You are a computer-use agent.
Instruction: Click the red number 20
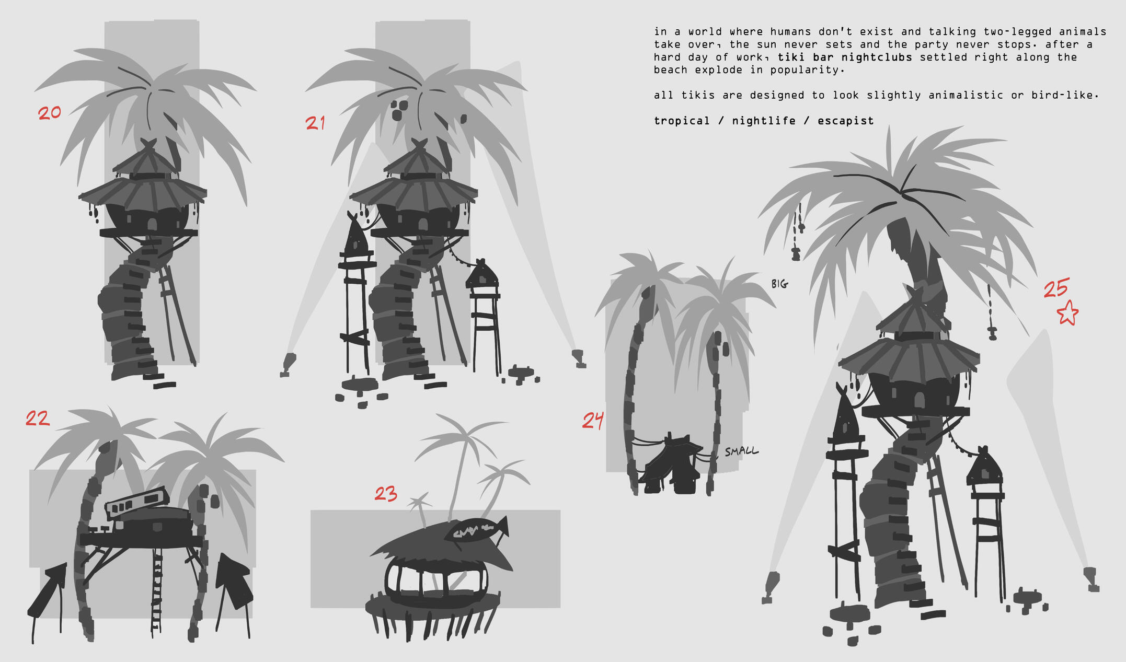coord(50,113)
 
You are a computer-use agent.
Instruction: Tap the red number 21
coord(315,123)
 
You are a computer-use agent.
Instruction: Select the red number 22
coord(38,418)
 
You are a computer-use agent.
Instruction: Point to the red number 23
coord(386,494)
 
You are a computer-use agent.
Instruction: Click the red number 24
coord(593,420)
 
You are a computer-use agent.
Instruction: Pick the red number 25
coord(1056,288)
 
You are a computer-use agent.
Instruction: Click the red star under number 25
coord(1067,313)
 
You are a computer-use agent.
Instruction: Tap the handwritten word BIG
coord(779,284)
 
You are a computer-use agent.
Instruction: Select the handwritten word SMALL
coord(741,451)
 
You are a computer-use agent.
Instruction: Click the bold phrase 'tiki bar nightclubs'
coord(845,57)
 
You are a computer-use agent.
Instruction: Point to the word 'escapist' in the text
coord(845,121)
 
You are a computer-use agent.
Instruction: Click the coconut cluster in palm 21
coord(399,110)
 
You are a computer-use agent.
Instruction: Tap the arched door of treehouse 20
coord(152,225)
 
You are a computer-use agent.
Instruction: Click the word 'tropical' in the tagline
coord(682,121)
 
